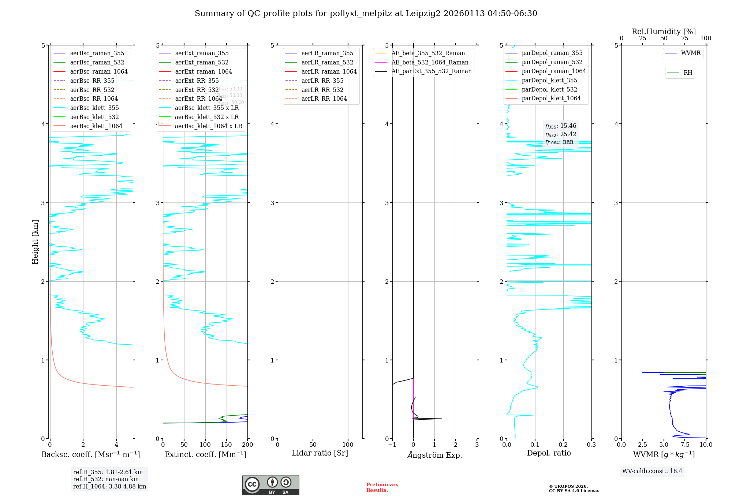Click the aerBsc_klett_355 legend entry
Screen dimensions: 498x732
94,108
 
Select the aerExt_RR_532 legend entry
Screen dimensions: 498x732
197,90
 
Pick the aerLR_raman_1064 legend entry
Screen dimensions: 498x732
329,71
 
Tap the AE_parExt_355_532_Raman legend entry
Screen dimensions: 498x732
431,71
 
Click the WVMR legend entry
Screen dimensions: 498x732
691,53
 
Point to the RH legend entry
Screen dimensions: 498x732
688,73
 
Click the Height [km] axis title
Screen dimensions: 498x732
35,242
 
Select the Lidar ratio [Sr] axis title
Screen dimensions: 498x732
320,453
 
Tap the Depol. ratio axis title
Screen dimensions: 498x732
549,453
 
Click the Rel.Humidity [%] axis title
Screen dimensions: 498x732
664,31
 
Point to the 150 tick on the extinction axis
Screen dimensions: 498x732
226,445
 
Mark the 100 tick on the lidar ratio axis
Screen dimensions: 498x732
348,445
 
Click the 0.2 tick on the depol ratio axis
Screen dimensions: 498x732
563,445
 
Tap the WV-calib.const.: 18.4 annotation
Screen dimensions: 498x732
652,471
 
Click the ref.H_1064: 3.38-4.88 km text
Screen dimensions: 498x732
109,487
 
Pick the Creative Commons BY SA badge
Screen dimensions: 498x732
270,485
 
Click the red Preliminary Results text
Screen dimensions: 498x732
382,487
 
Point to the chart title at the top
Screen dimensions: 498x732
366,14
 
